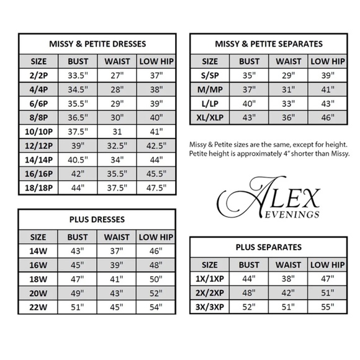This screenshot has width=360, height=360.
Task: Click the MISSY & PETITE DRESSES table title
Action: pos(97,44)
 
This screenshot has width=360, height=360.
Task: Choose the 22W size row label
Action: pos(38,307)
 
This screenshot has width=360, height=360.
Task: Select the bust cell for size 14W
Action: pos(78,251)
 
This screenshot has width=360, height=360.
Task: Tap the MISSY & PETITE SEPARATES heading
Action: pos(268,44)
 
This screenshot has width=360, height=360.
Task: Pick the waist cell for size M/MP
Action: pos(289,90)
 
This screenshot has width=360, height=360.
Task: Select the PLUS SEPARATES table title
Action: pos(268,247)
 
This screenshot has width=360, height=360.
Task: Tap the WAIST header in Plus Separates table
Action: pos(289,265)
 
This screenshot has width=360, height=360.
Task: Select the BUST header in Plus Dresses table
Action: pos(78,236)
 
